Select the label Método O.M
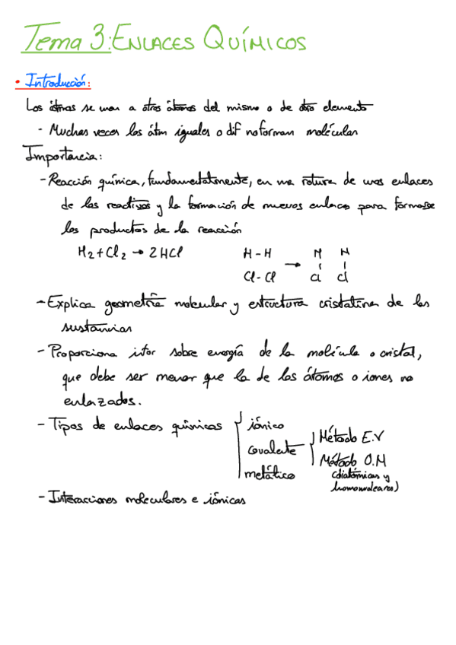click(355, 460)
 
